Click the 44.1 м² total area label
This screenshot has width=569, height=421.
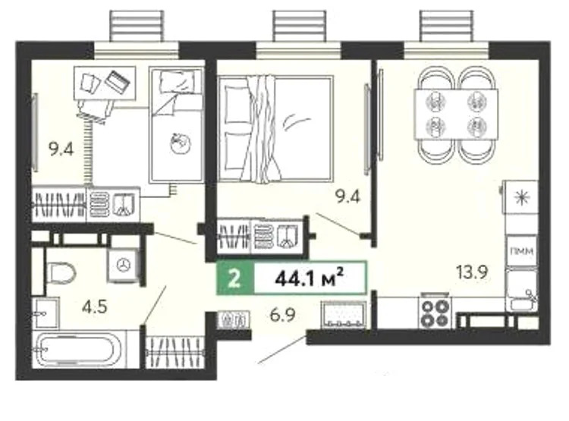(310, 278)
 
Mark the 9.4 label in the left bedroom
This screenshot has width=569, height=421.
(60, 149)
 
